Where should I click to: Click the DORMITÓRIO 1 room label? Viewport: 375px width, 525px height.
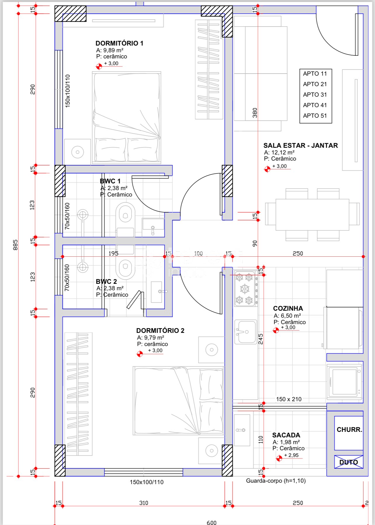(x=119, y=43)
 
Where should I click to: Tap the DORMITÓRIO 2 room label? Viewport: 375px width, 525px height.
(x=160, y=331)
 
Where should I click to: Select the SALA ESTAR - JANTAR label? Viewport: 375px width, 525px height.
(x=301, y=145)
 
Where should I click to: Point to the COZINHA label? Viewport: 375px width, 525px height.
(x=288, y=308)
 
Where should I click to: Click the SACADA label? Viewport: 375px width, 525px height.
(x=286, y=435)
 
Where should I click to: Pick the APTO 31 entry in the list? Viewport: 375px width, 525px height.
(x=315, y=95)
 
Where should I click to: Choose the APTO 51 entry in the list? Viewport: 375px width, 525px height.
(x=315, y=116)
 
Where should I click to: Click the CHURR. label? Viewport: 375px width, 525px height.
(x=349, y=430)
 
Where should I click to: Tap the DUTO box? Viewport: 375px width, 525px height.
(x=349, y=462)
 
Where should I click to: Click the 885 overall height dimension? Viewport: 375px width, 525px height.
(x=15, y=245)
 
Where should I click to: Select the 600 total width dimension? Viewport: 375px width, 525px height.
(x=211, y=522)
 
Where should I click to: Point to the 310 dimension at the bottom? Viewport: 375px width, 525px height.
(x=144, y=503)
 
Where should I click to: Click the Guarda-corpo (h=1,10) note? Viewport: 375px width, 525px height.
(x=276, y=481)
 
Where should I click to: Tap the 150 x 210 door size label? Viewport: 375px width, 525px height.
(x=289, y=399)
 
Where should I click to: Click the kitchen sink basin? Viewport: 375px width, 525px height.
(x=246, y=332)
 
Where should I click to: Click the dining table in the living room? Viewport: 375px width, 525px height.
(x=312, y=215)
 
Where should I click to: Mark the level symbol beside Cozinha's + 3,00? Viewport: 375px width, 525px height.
(x=276, y=331)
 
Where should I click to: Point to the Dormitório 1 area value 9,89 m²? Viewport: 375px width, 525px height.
(x=113, y=50)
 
